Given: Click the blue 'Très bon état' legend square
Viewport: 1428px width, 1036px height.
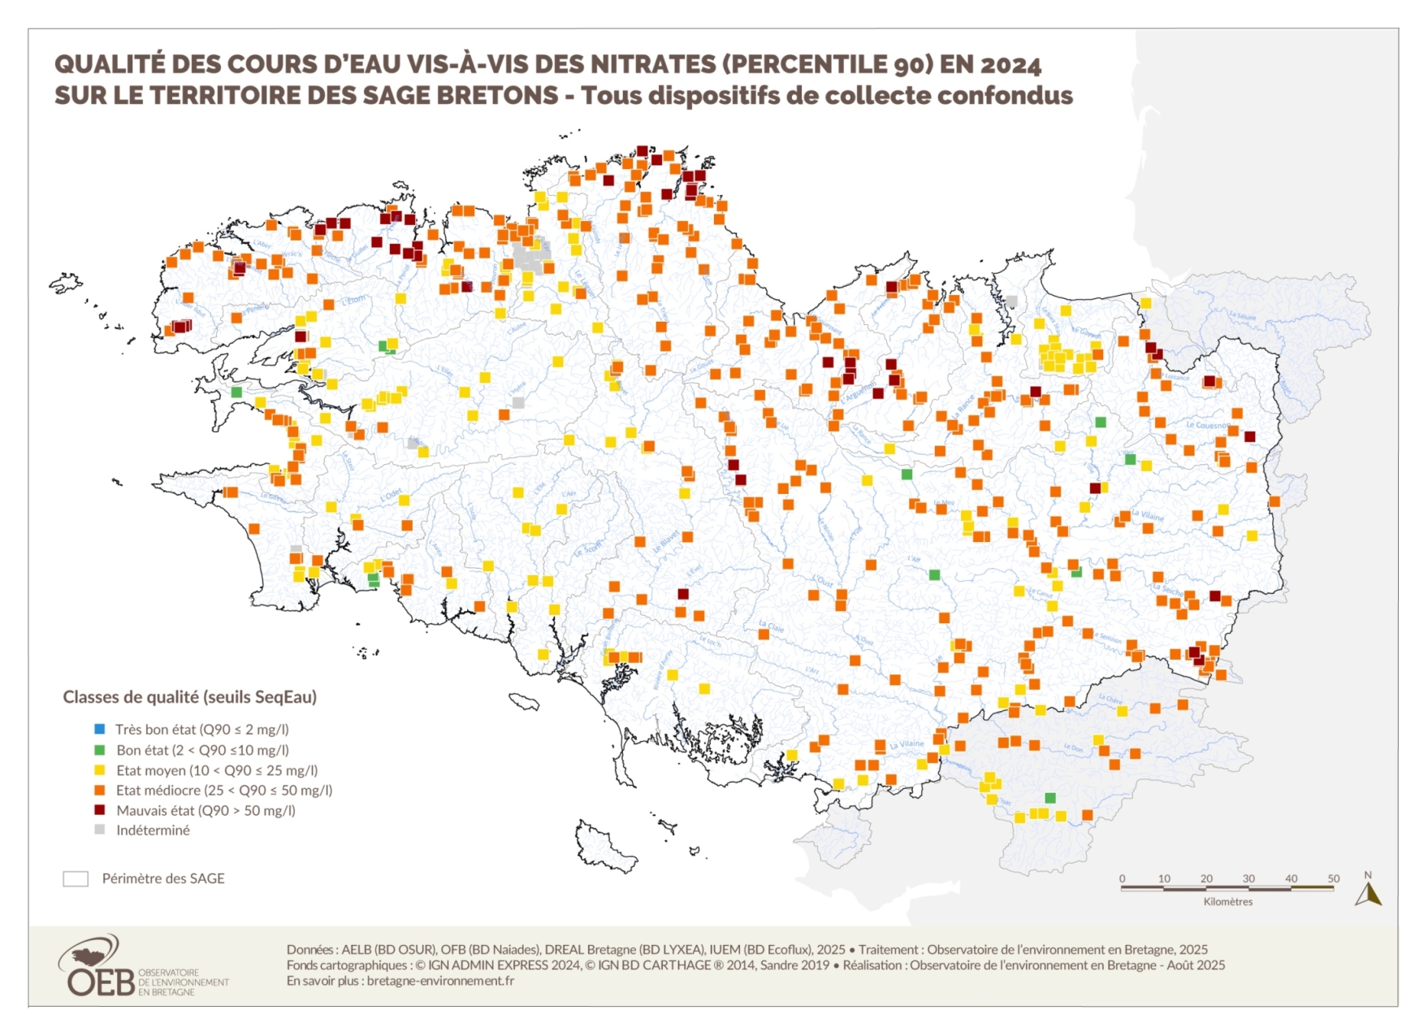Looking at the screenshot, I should (x=99, y=730).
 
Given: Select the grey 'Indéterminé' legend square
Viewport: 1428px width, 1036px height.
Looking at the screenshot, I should (x=99, y=830).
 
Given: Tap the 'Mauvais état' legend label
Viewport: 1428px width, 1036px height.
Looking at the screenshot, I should (x=206, y=810).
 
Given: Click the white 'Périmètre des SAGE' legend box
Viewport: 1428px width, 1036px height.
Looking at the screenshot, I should (x=76, y=878).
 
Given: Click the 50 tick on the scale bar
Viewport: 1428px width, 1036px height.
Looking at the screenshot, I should (x=1333, y=879).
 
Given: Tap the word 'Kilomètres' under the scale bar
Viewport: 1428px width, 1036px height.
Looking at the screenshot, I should (x=1227, y=902).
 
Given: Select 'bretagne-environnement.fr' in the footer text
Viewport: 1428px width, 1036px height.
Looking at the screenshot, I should (x=440, y=981).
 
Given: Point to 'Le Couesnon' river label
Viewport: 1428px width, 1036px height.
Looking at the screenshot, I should (x=1206, y=425).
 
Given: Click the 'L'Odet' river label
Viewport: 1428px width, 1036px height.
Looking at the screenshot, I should (x=391, y=494).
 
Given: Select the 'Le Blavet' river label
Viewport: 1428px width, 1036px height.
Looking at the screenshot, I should (x=666, y=542).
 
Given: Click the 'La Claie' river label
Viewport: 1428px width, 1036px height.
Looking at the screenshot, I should (x=772, y=626).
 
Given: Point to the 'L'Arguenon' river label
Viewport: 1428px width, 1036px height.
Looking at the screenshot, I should (x=858, y=392).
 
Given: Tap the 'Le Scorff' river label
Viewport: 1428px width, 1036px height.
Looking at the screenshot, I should (x=589, y=549).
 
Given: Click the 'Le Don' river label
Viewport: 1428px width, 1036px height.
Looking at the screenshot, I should (x=1073, y=748).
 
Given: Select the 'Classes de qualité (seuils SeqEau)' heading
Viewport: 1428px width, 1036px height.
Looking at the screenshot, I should (x=190, y=697).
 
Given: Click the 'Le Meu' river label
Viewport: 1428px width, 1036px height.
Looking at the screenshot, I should (x=944, y=503).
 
